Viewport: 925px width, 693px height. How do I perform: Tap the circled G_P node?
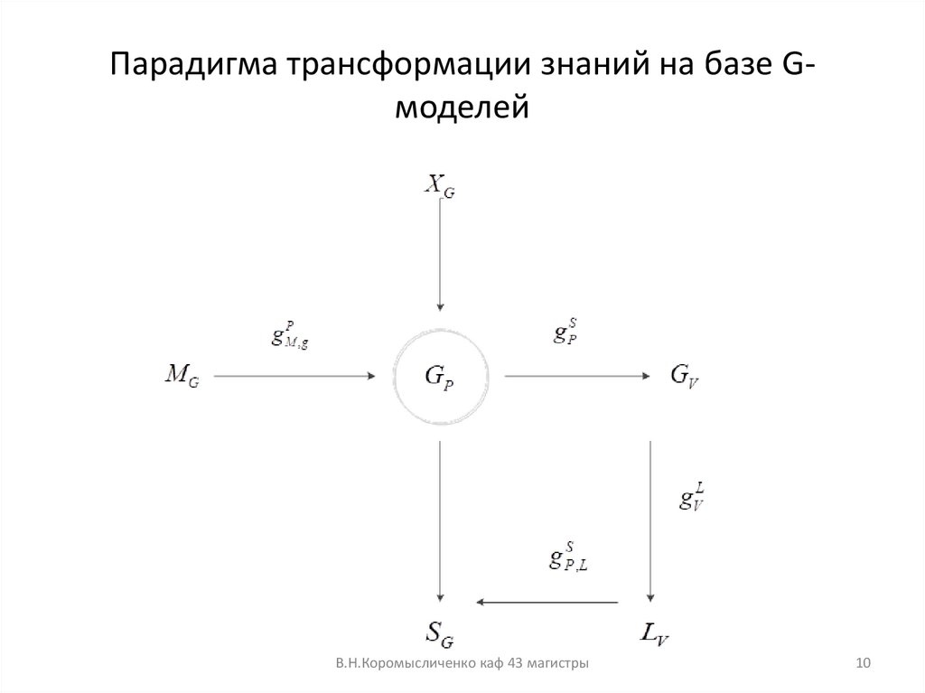pyautogui.click(x=440, y=378)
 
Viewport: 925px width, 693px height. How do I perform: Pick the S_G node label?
pyautogui.click(x=440, y=635)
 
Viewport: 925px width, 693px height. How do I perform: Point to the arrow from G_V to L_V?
pyautogui.click(x=651, y=520)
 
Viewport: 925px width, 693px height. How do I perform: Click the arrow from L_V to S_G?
pyautogui.click(x=548, y=602)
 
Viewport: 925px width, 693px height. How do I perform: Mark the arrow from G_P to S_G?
pyautogui.click(x=440, y=520)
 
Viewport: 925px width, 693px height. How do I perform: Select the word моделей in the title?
pyautogui.click(x=462, y=108)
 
